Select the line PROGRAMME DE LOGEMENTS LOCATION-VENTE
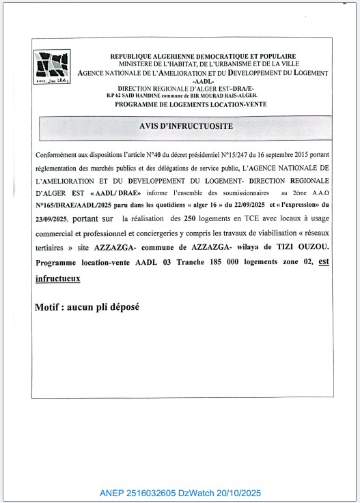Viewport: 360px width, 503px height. tap(191, 104)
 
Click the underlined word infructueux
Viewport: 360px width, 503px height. tap(57, 278)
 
